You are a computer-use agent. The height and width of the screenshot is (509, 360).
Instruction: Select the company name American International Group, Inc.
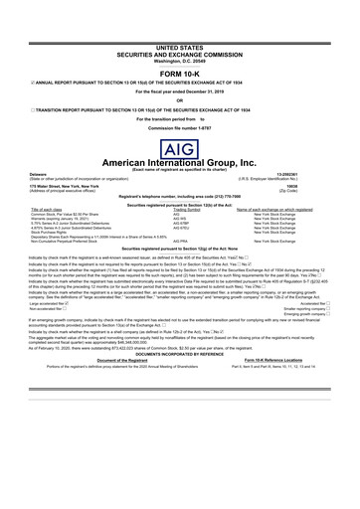pos(179,168)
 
